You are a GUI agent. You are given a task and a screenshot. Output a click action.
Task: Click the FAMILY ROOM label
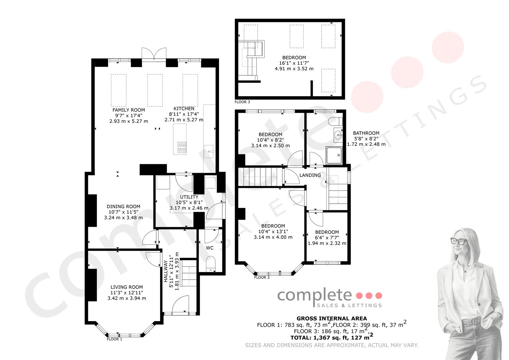[x=129, y=110]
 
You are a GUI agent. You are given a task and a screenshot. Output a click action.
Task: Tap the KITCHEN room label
[x=184, y=109]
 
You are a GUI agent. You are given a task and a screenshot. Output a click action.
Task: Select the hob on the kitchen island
[x=182, y=147]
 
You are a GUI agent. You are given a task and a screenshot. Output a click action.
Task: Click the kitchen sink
[x=209, y=151]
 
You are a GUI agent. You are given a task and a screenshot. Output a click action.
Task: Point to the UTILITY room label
[x=189, y=197]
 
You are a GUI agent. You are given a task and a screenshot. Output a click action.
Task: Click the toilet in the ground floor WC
[x=211, y=264]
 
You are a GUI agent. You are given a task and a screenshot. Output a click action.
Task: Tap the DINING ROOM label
[x=123, y=207]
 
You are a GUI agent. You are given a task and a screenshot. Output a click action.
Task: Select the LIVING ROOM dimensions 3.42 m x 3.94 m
[x=127, y=298]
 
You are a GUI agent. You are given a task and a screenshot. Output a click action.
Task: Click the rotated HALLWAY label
[x=166, y=271]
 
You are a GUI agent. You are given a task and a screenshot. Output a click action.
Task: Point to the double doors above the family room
[x=154, y=54]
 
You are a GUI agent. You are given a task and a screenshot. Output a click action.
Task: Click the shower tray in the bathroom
[x=334, y=155]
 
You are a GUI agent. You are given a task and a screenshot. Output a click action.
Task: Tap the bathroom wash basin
[x=338, y=135]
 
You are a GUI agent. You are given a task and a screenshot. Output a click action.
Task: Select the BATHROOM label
[x=366, y=133]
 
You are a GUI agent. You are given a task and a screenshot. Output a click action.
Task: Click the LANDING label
[x=310, y=175]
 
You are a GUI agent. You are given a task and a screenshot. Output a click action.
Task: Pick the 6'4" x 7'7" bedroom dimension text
[x=327, y=238]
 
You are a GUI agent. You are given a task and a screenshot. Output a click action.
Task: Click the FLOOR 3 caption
[x=242, y=102]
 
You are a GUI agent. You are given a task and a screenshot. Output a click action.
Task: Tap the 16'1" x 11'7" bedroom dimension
[x=294, y=63]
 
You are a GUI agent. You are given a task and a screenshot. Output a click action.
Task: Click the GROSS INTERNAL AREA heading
[x=332, y=319]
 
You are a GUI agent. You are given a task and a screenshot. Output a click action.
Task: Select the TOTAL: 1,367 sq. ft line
[x=332, y=337]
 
